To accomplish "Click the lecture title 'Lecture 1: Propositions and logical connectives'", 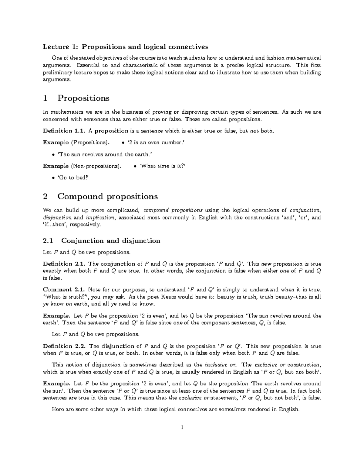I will pyautogui.click(x=126, y=47).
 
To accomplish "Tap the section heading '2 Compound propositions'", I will pyautogui.click(x=100, y=197).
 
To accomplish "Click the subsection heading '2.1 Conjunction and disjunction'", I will pyautogui.click(x=101, y=241).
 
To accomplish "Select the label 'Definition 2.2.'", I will pyautogui.click(x=65, y=346).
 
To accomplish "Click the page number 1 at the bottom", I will pyautogui.click(x=182, y=428).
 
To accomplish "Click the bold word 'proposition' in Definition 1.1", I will pyautogui.click(x=112, y=131).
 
